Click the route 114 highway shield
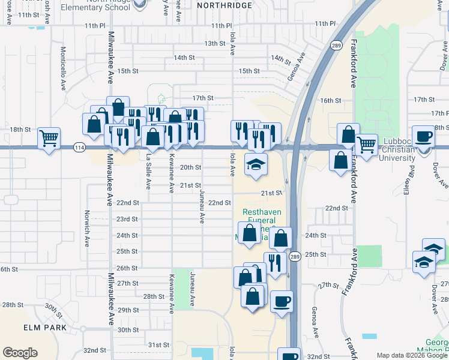point(79,147)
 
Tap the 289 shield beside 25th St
point(294,257)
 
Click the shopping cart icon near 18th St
point(49,138)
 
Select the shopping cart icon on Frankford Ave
point(366,144)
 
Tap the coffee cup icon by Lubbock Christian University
point(424,136)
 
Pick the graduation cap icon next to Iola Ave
point(256,164)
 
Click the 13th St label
point(214,44)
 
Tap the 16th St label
point(330,101)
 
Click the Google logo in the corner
point(20,353)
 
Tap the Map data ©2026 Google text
point(411,355)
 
